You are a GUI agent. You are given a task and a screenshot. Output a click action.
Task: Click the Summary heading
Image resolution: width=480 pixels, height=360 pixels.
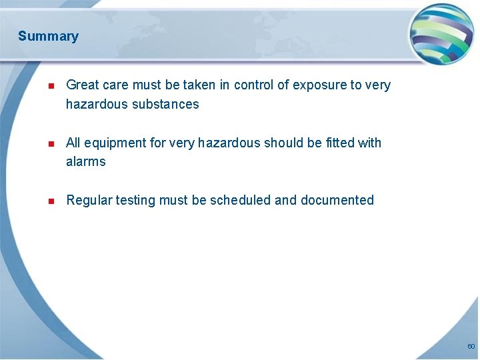[48, 36]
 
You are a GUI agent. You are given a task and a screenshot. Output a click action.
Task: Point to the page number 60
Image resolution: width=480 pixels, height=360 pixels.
[471, 347]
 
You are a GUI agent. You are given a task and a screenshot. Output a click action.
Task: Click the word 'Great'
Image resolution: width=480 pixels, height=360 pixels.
[83, 85]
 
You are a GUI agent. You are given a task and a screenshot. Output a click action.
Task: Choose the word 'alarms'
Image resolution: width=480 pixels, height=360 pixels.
[85, 162]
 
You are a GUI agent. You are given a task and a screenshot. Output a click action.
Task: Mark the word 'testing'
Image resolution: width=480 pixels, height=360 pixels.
[136, 201]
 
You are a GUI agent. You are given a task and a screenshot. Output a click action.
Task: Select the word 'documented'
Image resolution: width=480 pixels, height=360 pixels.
[337, 200]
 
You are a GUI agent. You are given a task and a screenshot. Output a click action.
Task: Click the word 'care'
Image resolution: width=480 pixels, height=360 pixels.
[116, 85]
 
